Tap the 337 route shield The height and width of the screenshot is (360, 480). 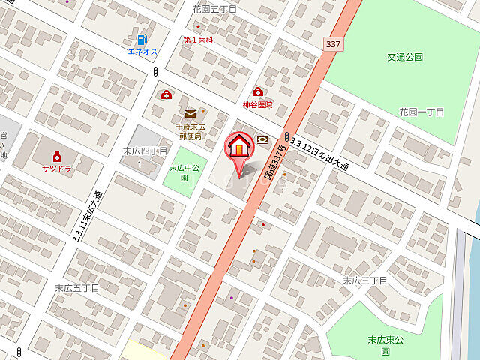click(334, 45)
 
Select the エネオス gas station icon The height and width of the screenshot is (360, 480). click(141, 39)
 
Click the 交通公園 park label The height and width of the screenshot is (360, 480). click(406, 57)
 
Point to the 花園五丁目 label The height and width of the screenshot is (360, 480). click(214, 10)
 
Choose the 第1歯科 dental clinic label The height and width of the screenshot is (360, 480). click(198, 40)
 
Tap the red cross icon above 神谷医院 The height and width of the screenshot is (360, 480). click(258, 91)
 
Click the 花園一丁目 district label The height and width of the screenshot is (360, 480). click(421, 112)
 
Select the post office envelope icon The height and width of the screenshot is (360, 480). click(190, 114)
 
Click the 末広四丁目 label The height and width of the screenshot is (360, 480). click(145, 151)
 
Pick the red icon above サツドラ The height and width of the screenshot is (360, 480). click(56, 156)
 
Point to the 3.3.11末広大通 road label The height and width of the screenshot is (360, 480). click(88, 214)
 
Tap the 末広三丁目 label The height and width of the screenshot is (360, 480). click(364, 280)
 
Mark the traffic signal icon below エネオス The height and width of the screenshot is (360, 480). click(154, 71)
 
